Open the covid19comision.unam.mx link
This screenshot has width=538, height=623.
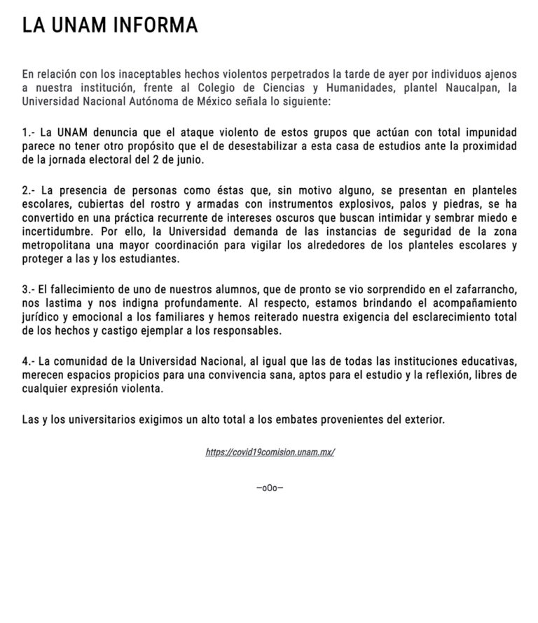click(270, 453)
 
